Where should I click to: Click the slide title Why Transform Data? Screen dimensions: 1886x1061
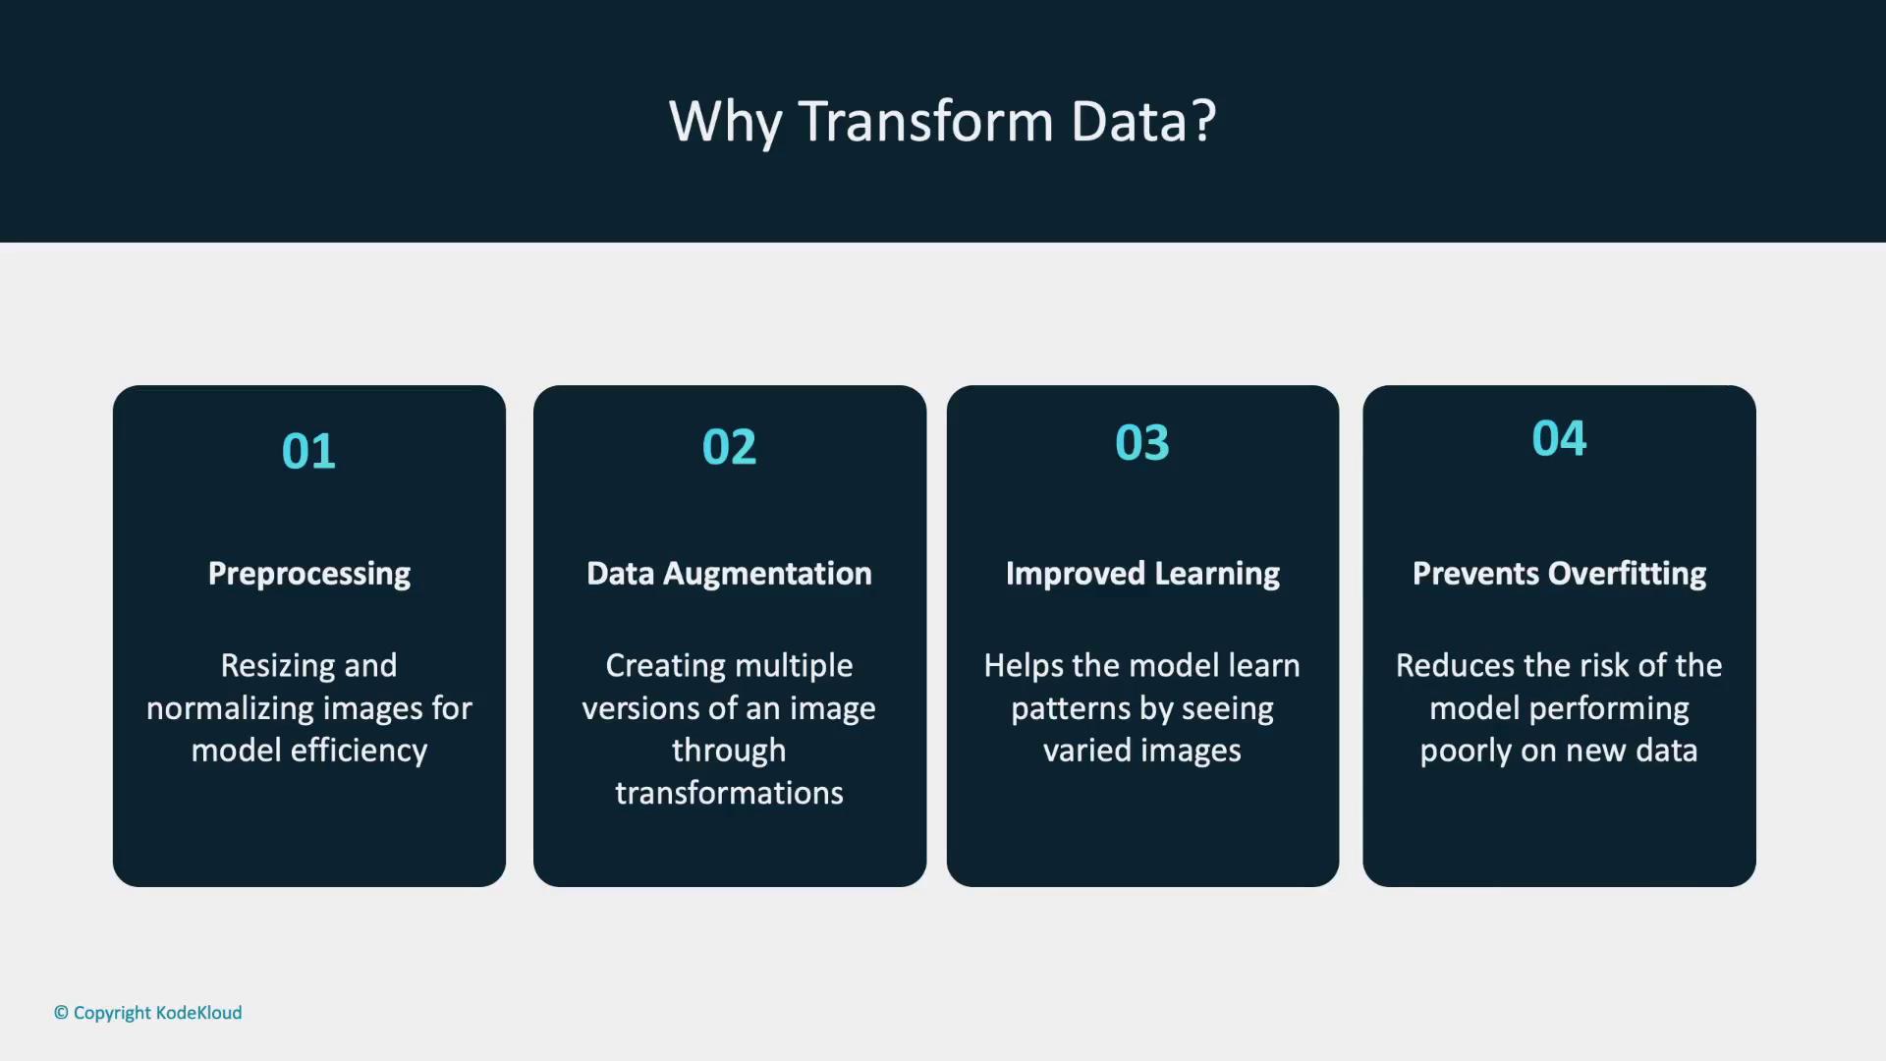pyautogui.click(x=943, y=122)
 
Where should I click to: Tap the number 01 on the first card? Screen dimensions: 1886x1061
pyautogui.click(x=308, y=452)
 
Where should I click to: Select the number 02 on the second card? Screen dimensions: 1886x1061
pyautogui.click(x=729, y=447)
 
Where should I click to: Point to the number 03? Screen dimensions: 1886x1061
pyautogui.click(x=1142, y=443)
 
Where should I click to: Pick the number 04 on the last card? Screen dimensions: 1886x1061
pyautogui.click(x=1559, y=438)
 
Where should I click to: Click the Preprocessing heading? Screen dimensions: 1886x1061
pyautogui.click(x=309, y=574)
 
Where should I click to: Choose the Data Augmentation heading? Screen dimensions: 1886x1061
pyautogui.click(x=729, y=574)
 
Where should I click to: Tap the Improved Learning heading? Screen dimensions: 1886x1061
pyautogui.click(x=1142, y=574)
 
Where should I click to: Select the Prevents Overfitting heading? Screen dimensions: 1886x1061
pyautogui.click(x=1559, y=574)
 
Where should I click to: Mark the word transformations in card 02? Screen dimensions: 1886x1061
pyautogui.click(x=729, y=793)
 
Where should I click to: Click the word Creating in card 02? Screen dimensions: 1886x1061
pyautogui.click(x=660, y=666)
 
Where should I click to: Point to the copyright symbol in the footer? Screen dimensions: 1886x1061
pyautogui.click(x=61, y=1013)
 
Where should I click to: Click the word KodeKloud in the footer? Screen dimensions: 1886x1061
pyautogui.click(x=198, y=1013)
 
